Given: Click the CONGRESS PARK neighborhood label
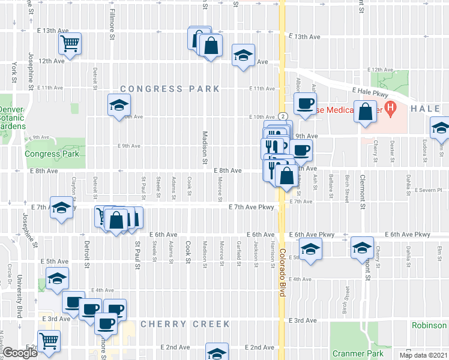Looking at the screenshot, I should coord(170,89).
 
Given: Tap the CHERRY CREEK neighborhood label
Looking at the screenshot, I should coord(185,324).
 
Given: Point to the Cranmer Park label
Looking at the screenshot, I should coord(359,354).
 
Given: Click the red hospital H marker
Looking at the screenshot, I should coord(391,109).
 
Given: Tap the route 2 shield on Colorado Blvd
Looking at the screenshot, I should coord(282,115).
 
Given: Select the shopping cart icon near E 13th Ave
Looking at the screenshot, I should coord(70,44).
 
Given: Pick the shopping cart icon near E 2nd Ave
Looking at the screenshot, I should coord(50,341).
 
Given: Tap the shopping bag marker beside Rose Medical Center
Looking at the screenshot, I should coord(365,112).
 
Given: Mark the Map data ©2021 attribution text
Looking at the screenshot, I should coord(424,355).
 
